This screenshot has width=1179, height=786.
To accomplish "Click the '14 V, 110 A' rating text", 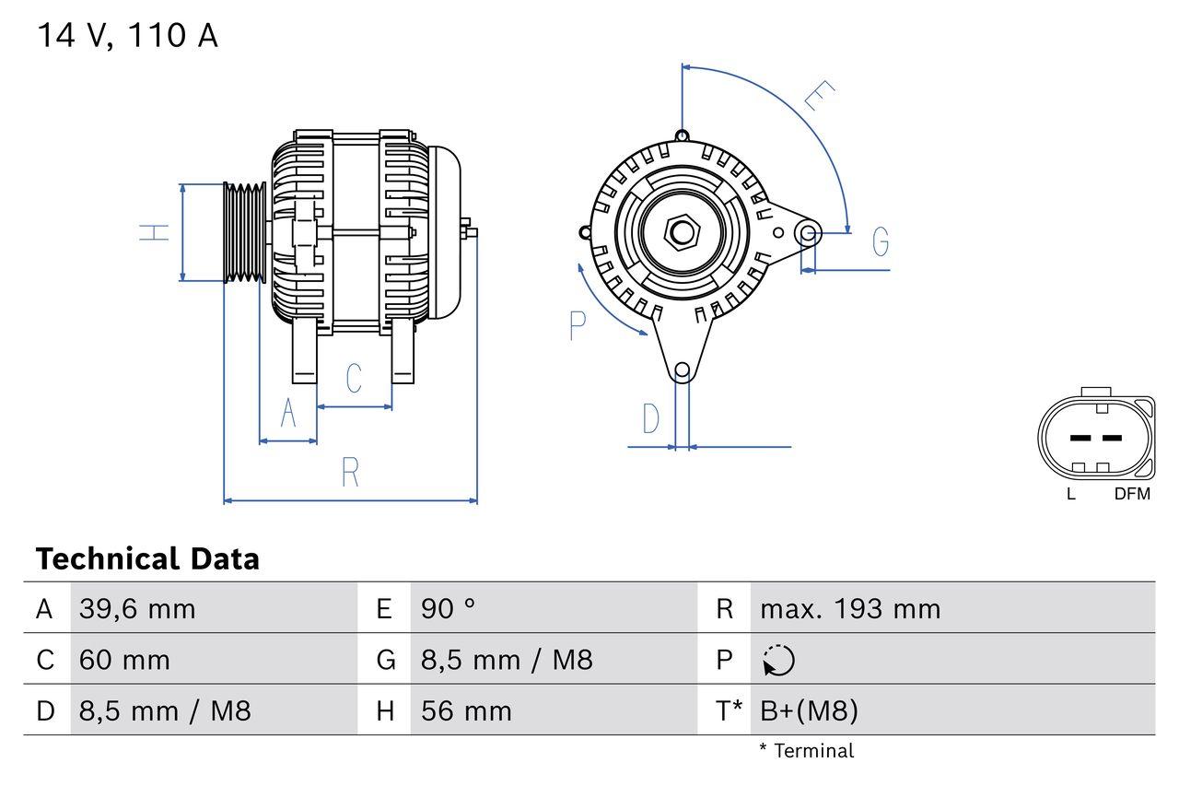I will [127, 37].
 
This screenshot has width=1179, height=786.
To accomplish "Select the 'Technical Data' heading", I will [147, 558].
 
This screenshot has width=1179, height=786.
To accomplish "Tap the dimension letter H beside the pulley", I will [156, 232].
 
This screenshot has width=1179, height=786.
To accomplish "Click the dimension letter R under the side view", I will [350, 472].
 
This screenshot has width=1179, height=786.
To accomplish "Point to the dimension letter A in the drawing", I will [288, 414].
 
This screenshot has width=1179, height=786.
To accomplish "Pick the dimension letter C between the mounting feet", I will [354, 378].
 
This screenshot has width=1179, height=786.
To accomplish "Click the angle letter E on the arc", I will [819, 96].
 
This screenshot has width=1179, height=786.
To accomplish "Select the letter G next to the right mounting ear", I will [881, 241].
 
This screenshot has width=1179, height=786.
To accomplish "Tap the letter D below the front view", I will [651, 418].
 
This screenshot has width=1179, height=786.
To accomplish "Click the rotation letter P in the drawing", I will [578, 325].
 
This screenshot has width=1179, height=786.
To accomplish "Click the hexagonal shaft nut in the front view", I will [682, 231].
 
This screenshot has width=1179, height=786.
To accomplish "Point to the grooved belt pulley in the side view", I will [245, 232].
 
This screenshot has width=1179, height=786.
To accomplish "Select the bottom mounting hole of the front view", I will [682, 371].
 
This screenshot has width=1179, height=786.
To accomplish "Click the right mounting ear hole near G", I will [808, 232].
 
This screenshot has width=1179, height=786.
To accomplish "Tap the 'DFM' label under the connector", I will [1132, 494].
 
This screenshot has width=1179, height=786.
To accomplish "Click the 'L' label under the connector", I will [1070, 494].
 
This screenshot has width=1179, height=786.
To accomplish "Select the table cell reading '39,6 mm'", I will [137, 609].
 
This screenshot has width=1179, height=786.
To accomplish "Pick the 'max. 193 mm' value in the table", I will [850, 609].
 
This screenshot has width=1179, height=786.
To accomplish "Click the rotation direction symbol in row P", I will [778, 661].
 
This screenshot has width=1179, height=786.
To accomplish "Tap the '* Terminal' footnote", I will [807, 751].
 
